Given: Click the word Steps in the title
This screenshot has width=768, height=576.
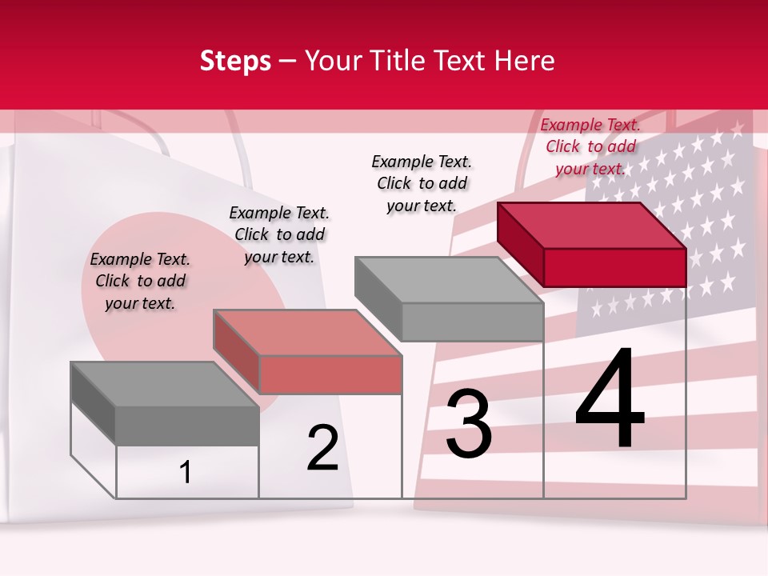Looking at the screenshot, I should click(235, 61).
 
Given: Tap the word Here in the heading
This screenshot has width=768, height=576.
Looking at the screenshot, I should click(525, 61).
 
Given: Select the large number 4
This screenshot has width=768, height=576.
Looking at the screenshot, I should click(610, 400).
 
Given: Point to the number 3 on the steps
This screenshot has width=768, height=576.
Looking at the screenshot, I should click(469, 424).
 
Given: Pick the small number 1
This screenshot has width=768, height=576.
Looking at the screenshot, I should click(186, 473).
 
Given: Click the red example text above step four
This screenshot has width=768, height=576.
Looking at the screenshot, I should click(590, 146).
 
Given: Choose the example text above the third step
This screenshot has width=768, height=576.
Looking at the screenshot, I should click(422, 183).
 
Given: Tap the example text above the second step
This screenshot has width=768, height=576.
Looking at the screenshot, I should click(279, 234).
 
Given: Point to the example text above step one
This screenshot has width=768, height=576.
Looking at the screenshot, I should click(140, 281).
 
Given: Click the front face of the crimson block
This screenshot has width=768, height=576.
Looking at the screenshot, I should click(614, 267).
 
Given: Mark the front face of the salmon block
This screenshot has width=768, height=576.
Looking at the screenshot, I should click(330, 375).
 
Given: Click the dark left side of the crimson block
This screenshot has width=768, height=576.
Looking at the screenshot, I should click(520, 244).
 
